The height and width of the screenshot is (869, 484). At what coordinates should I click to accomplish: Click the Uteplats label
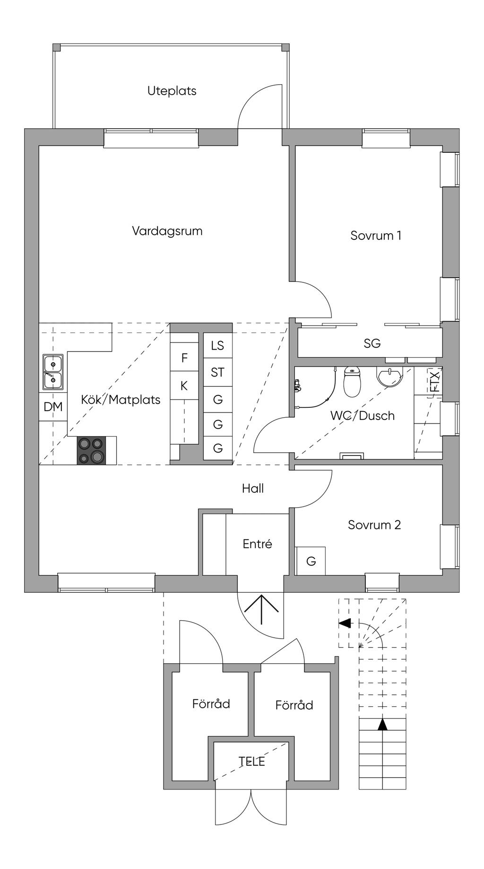coord(172,91)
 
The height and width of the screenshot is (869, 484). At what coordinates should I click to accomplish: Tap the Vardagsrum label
coord(167,231)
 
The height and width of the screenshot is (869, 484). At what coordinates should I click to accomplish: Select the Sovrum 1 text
coord(376,236)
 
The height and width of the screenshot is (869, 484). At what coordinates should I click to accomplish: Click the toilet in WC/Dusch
coord(352,382)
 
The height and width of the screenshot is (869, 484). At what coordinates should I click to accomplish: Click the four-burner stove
coord(91,450)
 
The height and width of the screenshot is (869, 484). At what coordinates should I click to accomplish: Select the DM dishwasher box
coord(53,406)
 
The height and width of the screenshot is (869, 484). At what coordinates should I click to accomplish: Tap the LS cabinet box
coord(217,345)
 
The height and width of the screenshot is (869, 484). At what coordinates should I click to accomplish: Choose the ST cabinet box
coord(217,373)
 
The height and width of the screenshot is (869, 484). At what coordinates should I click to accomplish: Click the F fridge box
coord(184,358)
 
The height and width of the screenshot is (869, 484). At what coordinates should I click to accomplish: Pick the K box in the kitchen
coord(184,386)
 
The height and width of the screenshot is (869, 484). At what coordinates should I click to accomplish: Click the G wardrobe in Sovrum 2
coord(311,561)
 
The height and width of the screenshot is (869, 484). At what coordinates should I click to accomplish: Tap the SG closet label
coord(372,343)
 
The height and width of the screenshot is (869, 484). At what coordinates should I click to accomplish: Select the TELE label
coord(251,762)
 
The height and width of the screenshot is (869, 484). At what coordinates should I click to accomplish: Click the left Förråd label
coord(211,704)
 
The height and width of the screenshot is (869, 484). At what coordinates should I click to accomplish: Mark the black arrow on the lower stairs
coord(382,724)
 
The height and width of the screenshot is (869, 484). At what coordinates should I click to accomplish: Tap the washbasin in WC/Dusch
coord(389,377)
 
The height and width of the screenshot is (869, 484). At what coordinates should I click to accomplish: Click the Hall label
coord(253,489)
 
